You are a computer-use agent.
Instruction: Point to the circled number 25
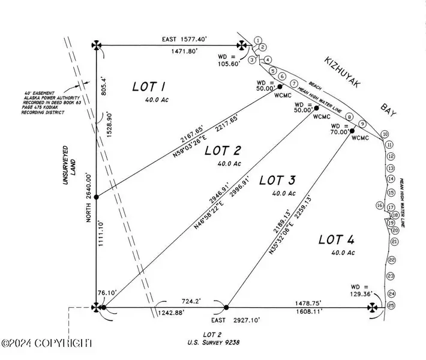coord(392,306)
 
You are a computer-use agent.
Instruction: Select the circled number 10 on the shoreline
coord(385,134)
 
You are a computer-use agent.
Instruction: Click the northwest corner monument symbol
coord(97,45)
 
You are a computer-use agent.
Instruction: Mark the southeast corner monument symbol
coord(373,307)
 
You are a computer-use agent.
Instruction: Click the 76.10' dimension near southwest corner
coord(106,293)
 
